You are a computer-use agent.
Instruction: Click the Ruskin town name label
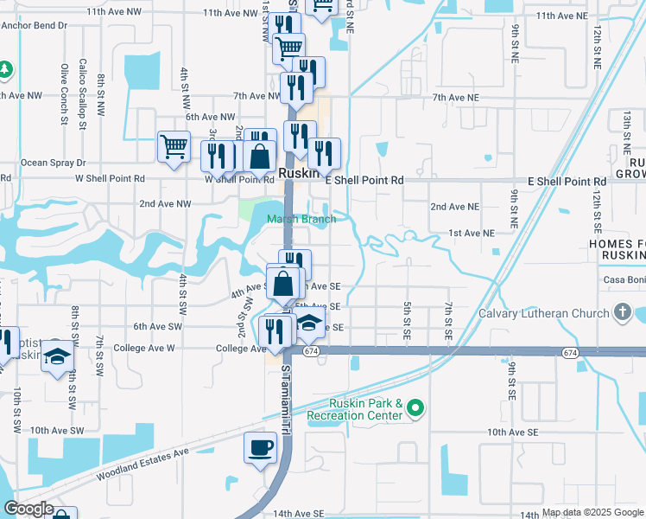[300, 173]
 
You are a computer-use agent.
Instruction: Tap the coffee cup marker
[260, 447]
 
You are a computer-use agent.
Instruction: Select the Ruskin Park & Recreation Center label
[366, 409]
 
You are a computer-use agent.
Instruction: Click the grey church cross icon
[622, 312]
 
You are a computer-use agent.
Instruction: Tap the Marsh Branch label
[301, 219]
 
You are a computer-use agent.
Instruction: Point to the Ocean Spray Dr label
[54, 162]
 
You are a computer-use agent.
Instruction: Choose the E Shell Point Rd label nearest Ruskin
[364, 181]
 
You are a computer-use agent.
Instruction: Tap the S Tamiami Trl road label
[287, 381]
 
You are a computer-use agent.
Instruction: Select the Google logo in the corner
[29, 509]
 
